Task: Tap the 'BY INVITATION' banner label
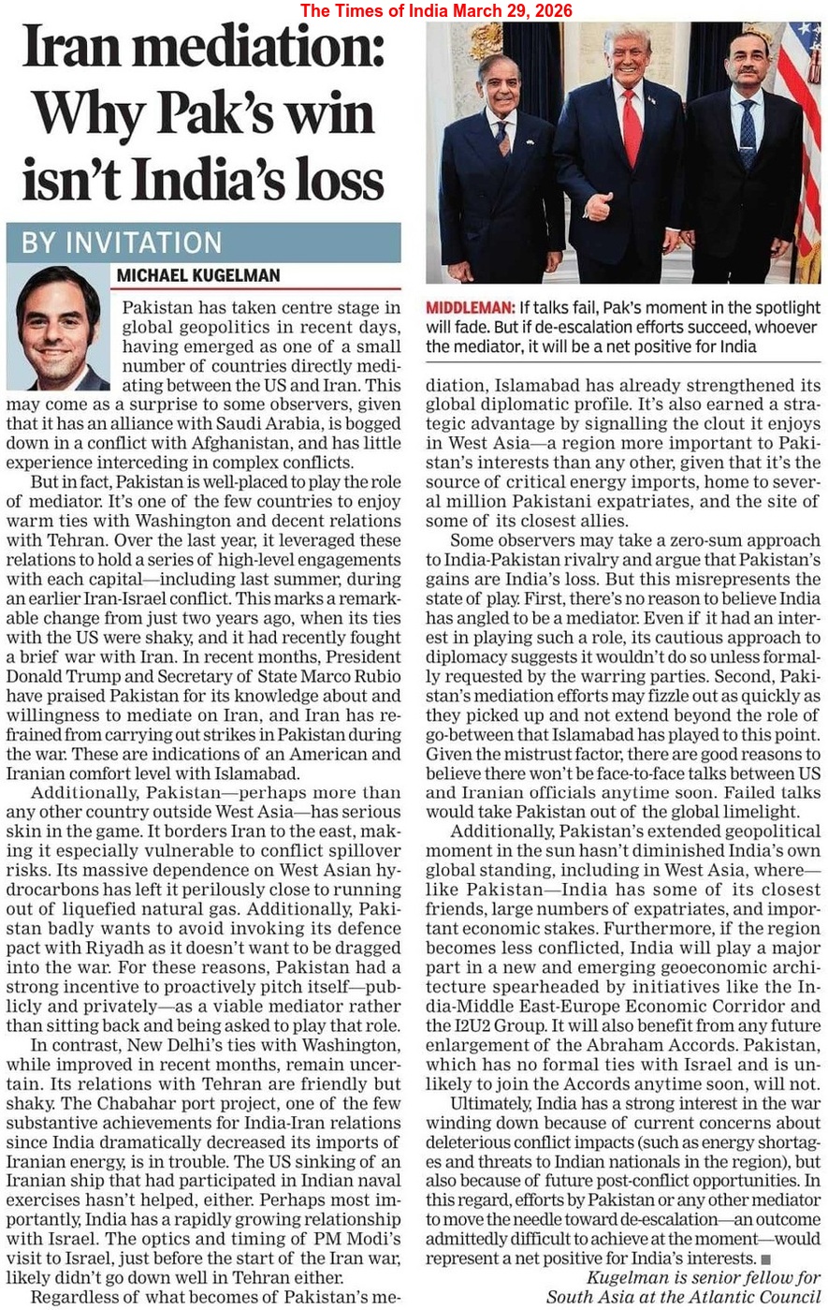[x=122, y=243]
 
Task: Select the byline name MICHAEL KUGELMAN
[x=198, y=276]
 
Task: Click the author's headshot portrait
[x=58, y=329]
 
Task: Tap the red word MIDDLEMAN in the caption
[x=470, y=308]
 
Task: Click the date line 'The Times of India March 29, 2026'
[x=436, y=10]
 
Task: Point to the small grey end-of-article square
[x=766, y=1259]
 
